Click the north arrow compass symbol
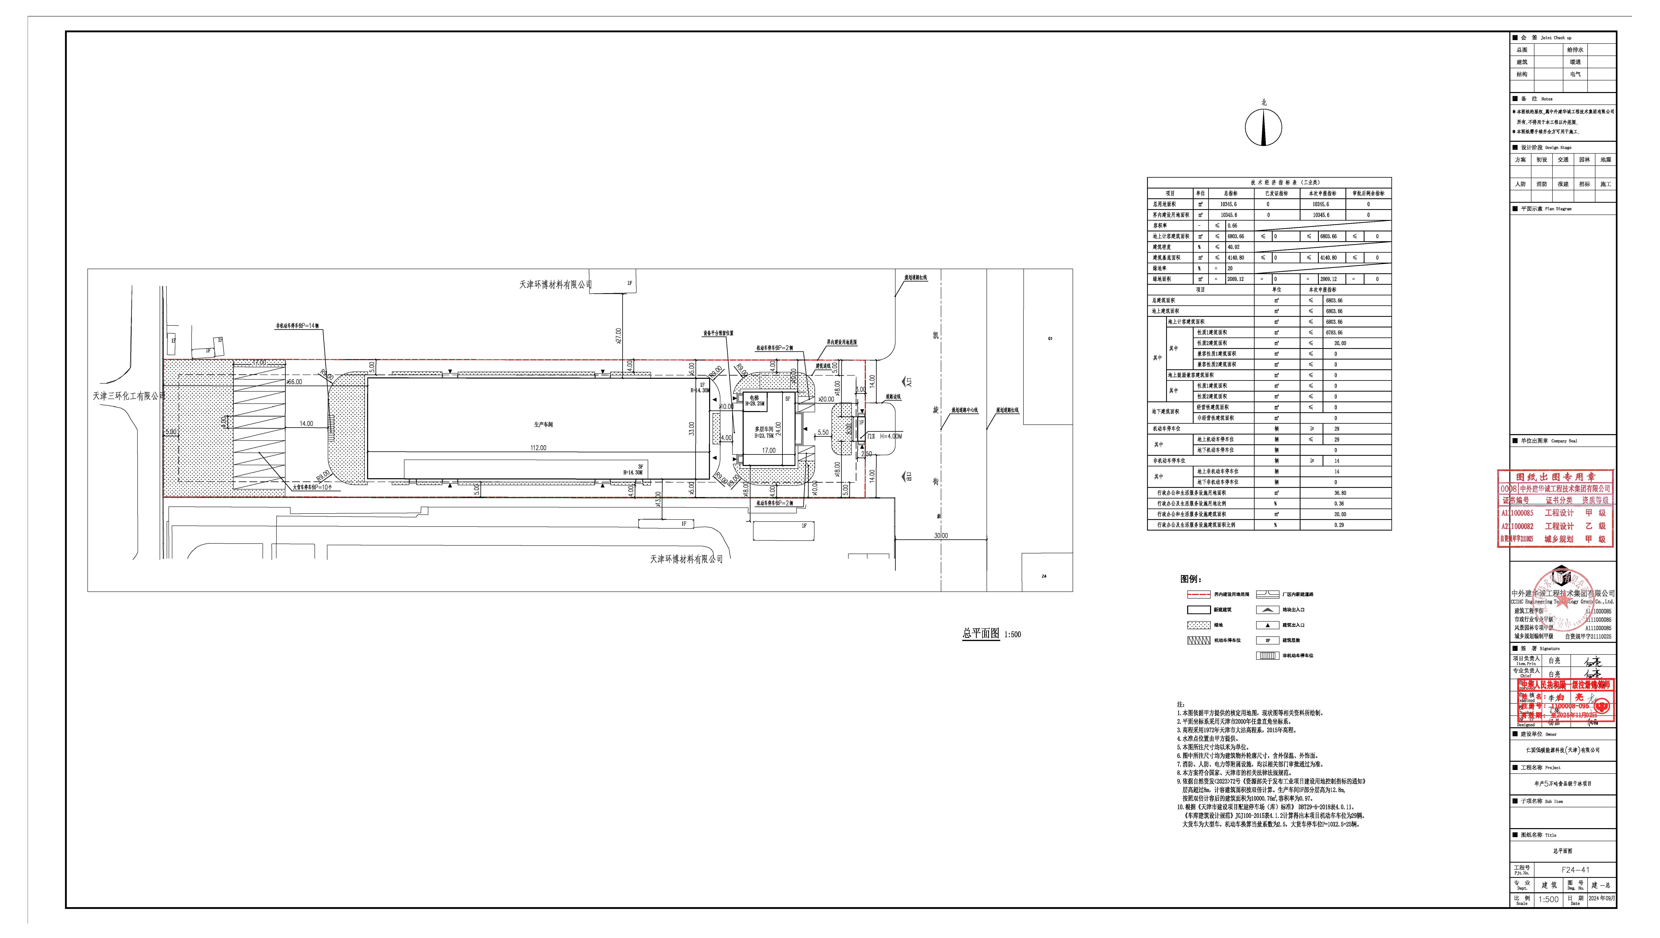1263,127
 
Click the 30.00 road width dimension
941,535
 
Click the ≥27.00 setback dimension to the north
618,336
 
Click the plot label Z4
1044,576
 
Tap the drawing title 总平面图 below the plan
981,633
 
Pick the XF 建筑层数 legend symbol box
1267,640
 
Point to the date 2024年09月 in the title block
1602,898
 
